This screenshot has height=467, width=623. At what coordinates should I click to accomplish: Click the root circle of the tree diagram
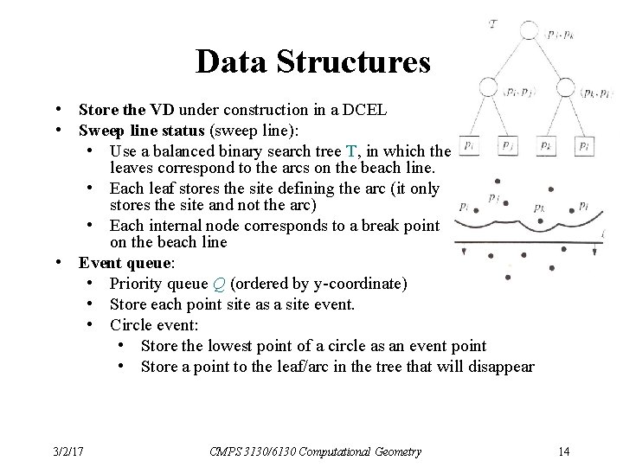(527, 29)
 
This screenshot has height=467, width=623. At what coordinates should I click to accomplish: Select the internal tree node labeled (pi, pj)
(489, 86)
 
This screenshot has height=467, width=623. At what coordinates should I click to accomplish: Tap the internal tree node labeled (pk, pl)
(566, 86)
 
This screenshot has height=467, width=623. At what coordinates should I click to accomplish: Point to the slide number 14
(564, 451)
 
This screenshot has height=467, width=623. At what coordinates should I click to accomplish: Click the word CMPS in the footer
(224, 451)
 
